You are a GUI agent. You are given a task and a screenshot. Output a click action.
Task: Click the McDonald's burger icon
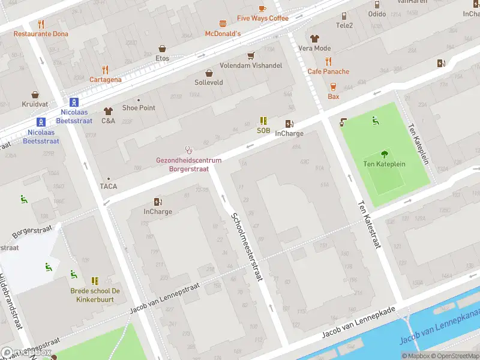tap(223, 24)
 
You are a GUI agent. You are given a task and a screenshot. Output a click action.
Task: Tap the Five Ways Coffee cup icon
tap(262, 8)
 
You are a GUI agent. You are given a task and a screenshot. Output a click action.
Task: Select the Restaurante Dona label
tap(41, 34)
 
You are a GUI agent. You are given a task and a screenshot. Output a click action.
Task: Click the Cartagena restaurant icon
tap(106, 70)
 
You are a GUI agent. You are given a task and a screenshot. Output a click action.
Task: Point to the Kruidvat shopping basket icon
tap(35, 95)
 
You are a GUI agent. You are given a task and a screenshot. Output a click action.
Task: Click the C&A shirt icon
tap(108, 111)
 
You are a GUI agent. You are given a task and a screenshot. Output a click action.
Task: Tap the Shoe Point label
tap(139, 108)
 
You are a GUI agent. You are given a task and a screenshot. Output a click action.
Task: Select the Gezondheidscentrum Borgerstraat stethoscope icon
tap(189, 150)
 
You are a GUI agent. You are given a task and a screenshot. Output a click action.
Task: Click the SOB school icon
tap(263, 121)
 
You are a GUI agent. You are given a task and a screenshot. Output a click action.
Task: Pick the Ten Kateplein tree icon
tap(384, 154)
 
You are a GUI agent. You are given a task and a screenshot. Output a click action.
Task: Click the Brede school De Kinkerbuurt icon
tap(95, 281)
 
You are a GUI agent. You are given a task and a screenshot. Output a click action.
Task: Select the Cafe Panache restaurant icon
tap(328, 61)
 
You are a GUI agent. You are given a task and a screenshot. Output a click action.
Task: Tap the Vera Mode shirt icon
tap(314, 38)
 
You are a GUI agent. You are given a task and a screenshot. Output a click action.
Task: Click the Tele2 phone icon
tap(344, 16)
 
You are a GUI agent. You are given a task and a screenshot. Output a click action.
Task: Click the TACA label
tap(109, 186)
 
